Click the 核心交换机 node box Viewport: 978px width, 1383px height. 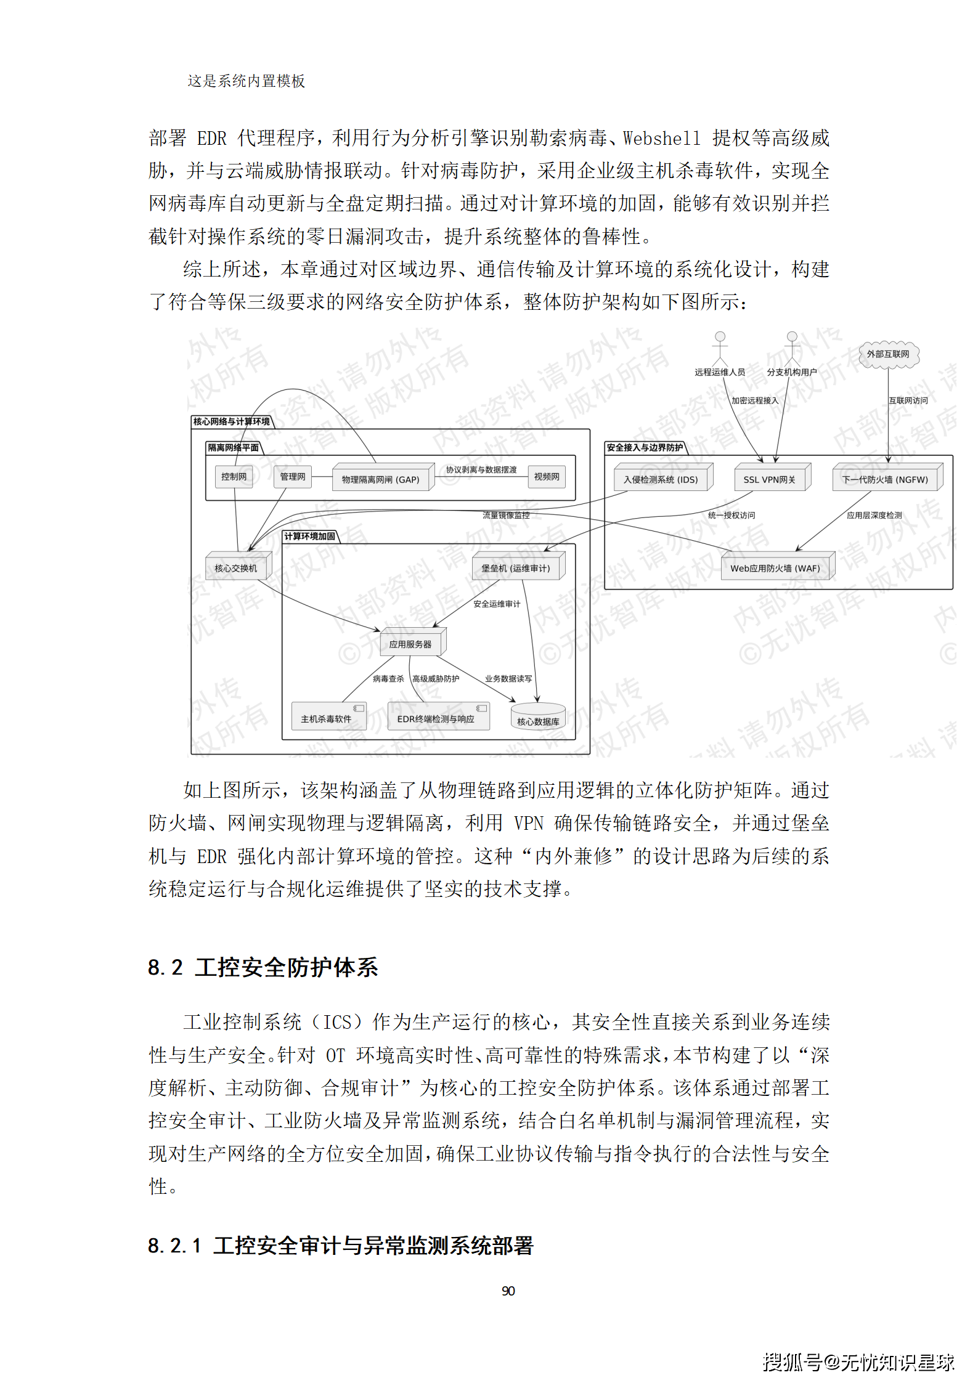(236, 567)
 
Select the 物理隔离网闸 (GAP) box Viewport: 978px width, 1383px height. (380, 479)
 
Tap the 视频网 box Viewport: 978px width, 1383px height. (547, 476)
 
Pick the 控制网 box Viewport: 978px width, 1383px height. (234, 476)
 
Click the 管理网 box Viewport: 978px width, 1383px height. (293, 476)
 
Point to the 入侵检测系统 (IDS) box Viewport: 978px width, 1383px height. (661, 479)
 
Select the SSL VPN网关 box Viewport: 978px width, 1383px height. (770, 479)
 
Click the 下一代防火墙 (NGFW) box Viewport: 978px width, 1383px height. (885, 479)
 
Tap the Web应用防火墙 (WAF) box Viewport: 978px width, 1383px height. (775, 567)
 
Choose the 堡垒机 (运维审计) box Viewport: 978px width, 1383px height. (516, 567)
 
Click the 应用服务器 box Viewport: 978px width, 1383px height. (410, 644)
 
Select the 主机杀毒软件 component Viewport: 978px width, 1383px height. (327, 717)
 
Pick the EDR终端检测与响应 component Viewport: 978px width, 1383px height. (436, 717)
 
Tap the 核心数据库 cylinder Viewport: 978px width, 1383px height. (538, 718)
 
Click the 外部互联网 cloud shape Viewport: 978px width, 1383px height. (888, 354)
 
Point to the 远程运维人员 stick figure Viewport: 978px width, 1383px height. (720, 347)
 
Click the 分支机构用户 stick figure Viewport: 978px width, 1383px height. (792, 347)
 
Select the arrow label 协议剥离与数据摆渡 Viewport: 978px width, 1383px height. (481, 469)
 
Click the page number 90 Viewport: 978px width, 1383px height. (508, 1291)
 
